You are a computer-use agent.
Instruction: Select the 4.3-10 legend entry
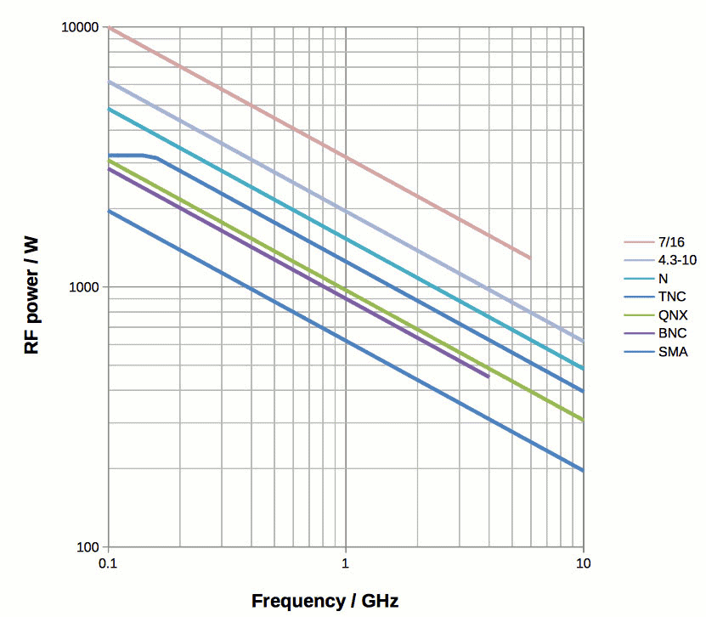coord(677,259)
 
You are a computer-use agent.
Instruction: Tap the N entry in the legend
coord(663,278)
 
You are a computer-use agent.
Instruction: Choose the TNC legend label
coord(671,297)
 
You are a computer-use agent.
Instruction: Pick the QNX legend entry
coord(672,315)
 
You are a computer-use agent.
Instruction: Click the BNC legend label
coord(672,334)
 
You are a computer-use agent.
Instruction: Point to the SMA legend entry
coord(672,352)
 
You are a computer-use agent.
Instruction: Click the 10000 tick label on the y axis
coord(81,27)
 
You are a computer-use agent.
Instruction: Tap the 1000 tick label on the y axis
coord(84,287)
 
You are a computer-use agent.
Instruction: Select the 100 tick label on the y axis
coord(88,546)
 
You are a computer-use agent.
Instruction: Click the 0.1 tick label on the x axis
coord(108,564)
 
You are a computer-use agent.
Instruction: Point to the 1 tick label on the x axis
coord(346,564)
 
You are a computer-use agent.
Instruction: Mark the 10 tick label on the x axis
coord(583,564)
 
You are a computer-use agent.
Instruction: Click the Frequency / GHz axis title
coord(325,601)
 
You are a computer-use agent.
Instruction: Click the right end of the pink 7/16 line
coord(529,258)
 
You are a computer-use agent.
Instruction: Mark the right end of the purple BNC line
coord(488,376)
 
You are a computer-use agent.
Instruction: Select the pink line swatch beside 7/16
coord(638,241)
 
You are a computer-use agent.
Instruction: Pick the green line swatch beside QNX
coord(638,315)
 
